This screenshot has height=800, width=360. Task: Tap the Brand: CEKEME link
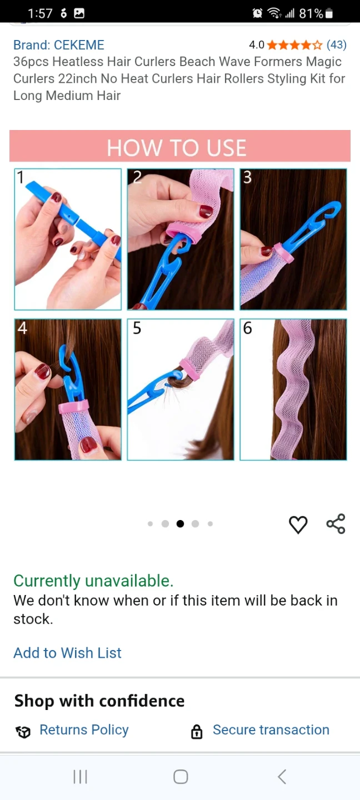pyautogui.click(x=59, y=45)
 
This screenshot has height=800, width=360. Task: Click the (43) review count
pyautogui.click(x=337, y=44)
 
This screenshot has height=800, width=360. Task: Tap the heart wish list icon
pyautogui.click(x=298, y=524)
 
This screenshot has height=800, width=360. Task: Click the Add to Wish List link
pyautogui.click(x=68, y=653)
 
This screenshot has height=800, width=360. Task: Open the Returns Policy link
pyautogui.click(x=84, y=730)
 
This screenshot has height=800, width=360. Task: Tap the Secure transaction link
pyautogui.click(x=271, y=729)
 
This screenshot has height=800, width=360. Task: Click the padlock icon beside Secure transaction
pyautogui.click(x=197, y=732)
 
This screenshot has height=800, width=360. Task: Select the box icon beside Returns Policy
pyautogui.click(x=23, y=732)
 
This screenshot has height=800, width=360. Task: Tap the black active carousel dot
pyautogui.click(x=181, y=523)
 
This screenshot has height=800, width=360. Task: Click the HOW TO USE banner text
pyautogui.click(x=177, y=148)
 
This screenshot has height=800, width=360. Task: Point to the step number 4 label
pyautogui.click(x=22, y=328)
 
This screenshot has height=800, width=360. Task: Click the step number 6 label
pyautogui.click(x=248, y=328)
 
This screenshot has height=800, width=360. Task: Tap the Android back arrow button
pyautogui.click(x=282, y=777)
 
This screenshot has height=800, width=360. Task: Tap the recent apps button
pyautogui.click(x=80, y=777)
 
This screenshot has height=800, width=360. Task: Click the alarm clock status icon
pyautogui.click(x=257, y=13)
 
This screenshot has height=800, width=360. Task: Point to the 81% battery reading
pyautogui.click(x=311, y=13)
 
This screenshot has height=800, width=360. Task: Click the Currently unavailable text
pyautogui.click(x=93, y=581)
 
